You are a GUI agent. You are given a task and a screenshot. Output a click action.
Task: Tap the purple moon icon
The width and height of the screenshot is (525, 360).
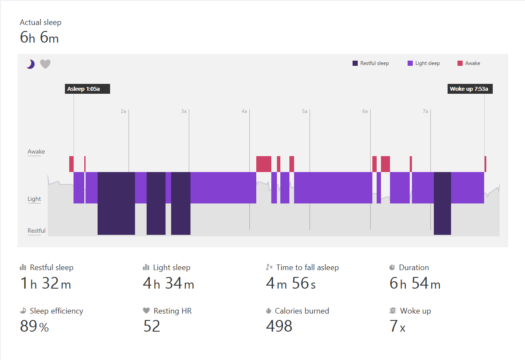pyautogui.click(x=30, y=64)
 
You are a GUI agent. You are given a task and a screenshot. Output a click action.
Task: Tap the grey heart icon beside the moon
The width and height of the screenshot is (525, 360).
pyautogui.click(x=45, y=64)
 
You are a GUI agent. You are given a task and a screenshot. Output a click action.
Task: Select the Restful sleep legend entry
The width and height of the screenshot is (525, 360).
pyautogui.click(x=371, y=63)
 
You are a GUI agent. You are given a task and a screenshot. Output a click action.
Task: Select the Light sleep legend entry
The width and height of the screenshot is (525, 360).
pyautogui.click(x=424, y=63)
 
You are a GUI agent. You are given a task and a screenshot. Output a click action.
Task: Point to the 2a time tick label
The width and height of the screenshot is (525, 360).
pyautogui.click(x=123, y=111)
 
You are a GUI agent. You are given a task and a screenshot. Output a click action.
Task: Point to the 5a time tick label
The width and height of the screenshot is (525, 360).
pyautogui.click(x=304, y=111)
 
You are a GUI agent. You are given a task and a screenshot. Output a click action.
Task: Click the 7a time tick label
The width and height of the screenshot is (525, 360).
pyautogui.click(x=425, y=111)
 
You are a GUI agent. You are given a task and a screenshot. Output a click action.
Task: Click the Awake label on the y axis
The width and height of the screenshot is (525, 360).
pyautogui.click(x=36, y=152)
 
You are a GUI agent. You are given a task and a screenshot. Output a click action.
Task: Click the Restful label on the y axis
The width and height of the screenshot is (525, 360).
pyautogui.click(x=37, y=231)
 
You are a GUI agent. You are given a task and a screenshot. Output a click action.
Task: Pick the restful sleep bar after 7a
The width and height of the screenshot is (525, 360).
pyautogui.click(x=442, y=203)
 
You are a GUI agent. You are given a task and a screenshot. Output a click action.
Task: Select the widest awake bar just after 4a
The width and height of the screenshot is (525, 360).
pyautogui.click(x=264, y=164)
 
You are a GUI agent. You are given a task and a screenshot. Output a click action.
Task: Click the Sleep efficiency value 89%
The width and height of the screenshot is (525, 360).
pyautogui.click(x=34, y=326)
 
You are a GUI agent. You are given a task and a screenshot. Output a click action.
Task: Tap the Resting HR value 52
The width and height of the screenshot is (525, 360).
pyautogui.click(x=152, y=326)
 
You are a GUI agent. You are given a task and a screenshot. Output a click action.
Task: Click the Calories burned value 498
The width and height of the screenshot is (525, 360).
pyautogui.click(x=279, y=326)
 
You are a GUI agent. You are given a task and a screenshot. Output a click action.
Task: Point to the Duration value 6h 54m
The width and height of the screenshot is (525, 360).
pyautogui.click(x=415, y=283)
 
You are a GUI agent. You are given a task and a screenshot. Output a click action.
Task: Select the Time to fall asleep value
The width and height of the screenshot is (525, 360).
pyautogui.click(x=291, y=283)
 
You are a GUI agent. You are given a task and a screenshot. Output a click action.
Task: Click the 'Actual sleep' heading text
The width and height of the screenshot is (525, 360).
pyautogui.click(x=40, y=22)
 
